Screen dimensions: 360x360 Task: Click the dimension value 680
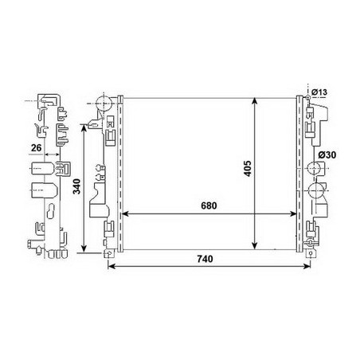(209, 205)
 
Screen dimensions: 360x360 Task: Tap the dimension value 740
(205, 258)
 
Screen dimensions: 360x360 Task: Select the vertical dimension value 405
(248, 169)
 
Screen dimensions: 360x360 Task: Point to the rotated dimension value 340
(76, 186)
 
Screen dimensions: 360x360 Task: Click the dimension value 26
(37, 148)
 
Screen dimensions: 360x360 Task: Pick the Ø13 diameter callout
(319, 92)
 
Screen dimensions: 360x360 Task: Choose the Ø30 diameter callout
(327, 155)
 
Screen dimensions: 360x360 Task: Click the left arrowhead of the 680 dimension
(125, 213)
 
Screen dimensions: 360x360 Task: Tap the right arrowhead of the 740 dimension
(307, 266)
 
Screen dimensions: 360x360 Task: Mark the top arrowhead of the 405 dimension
(255, 101)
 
